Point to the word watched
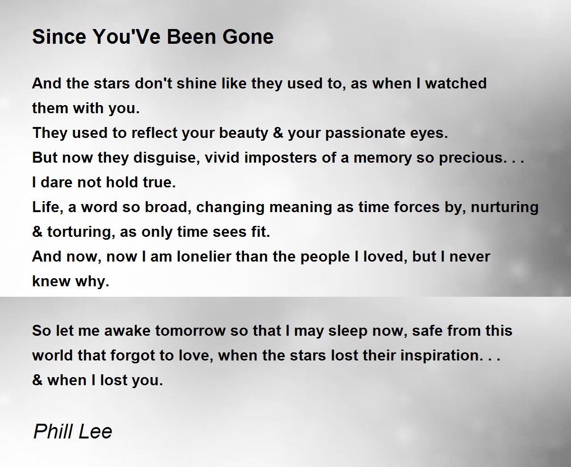[x=456, y=83]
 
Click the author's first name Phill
[x=53, y=431]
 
